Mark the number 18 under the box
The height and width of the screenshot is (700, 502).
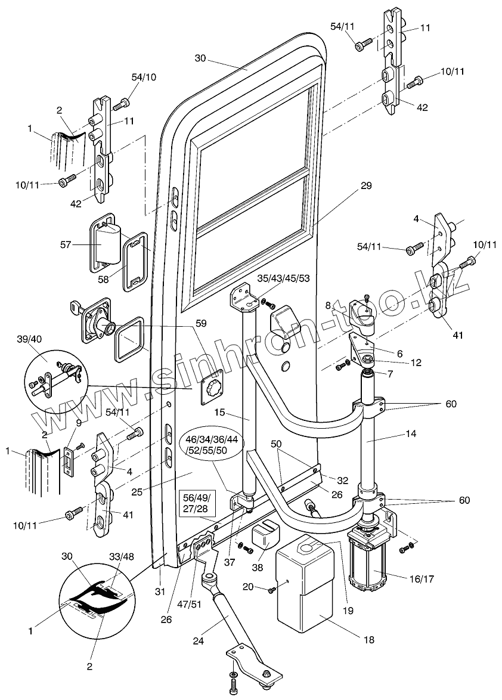[x=368, y=640]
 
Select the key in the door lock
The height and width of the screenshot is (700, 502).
[x=76, y=308]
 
